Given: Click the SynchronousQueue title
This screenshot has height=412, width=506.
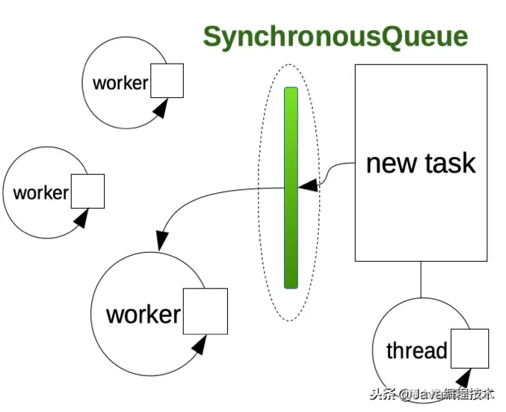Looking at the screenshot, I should click(336, 37).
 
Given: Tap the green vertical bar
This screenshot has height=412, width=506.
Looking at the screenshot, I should click(291, 187).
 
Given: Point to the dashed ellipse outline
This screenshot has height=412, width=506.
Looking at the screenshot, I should click(261, 187).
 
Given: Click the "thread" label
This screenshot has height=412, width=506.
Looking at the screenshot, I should click(416, 350).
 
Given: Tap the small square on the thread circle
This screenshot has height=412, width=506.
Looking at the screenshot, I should click(469, 348).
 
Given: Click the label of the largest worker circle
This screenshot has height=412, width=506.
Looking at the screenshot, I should click(143, 314).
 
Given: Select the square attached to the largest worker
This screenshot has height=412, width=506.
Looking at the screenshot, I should click(205, 311).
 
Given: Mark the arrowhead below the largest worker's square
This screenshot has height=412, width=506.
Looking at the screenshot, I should click(200, 345).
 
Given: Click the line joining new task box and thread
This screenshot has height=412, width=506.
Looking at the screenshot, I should click(421, 278).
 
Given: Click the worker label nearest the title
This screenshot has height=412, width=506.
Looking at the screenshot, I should click(120, 82).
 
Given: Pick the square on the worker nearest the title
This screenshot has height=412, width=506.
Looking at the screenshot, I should click(167, 80).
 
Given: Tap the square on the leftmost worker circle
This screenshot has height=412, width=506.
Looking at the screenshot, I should click(87, 191).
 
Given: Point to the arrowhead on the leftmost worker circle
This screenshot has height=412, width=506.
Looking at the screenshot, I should click(82, 218).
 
